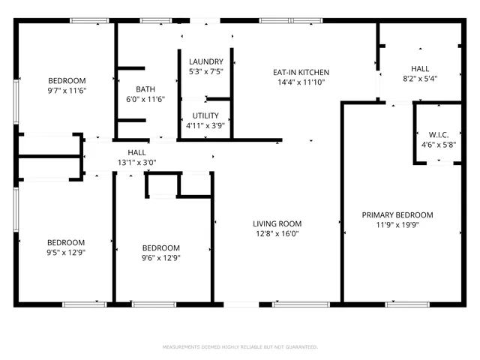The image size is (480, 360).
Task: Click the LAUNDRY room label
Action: click(x=205, y=61)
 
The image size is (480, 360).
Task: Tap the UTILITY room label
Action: click(x=205, y=115)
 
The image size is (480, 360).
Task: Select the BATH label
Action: click(x=145, y=88)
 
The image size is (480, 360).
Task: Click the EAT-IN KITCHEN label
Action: click(x=301, y=73)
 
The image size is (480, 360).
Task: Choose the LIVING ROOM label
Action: click(x=277, y=223)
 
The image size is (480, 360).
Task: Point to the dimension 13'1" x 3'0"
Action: click(x=136, y=163)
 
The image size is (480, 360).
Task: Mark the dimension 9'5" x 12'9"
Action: click(x=66, y=253)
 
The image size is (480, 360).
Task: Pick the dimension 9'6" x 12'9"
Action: click(x=161, y=258)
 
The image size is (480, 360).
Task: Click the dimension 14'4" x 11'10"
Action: click(x=301, y=82)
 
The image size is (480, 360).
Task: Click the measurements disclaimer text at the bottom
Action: click(x=240, y=347)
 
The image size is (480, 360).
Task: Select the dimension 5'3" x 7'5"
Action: click(x=205, y=71)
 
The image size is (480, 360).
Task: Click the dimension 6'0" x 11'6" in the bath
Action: click(x=145, y=98)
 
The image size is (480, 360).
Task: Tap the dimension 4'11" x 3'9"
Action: click(x=205, y=125)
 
